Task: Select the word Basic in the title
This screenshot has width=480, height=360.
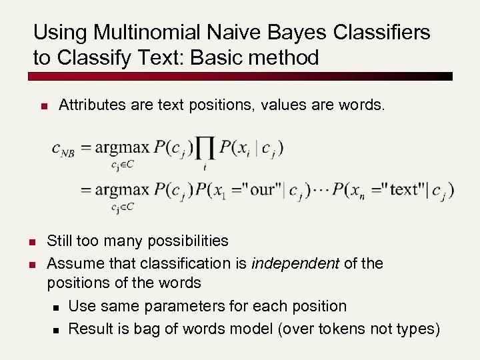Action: point(217,57)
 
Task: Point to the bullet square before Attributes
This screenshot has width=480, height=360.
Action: point(43,105)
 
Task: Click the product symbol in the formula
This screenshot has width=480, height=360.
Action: point(205,148)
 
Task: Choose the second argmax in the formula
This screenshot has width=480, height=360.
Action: point(123,189)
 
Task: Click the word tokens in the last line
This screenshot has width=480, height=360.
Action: point(331,329)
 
